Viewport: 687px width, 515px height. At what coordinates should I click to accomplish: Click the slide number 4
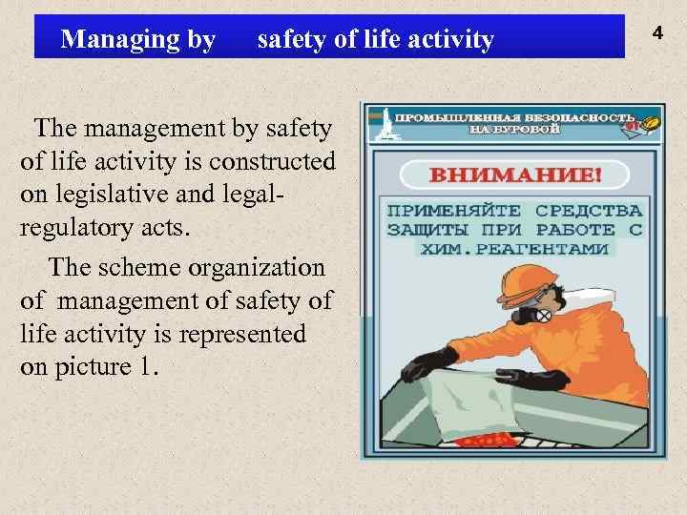(656, 34)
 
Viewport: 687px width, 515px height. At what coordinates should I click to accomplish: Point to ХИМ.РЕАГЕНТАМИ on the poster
(515, 248)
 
